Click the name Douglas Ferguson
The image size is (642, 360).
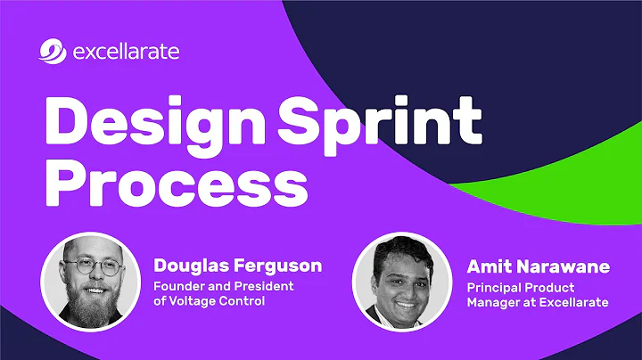tap(236, 266)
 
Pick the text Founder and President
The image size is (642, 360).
tap(223, 286)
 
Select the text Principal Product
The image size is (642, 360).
tap(520, 286)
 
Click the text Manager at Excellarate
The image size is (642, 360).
tap(537, 302)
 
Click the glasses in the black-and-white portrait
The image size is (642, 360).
tap(92, 266)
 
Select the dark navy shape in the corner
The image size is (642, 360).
tap(499, 53)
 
